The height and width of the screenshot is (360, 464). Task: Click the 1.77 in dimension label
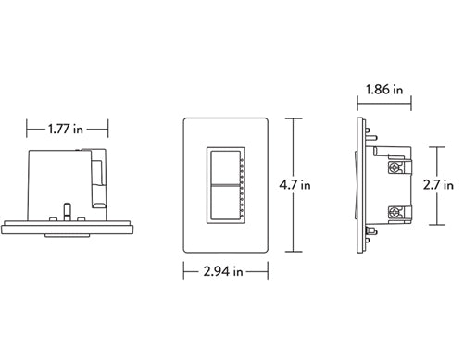click(x=66, y=129)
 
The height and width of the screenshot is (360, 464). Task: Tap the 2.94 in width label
click(x=224, y=272)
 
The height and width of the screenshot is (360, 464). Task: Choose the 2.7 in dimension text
click(x=437, y=185)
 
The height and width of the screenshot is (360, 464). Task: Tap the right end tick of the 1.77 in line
click(x=109, y=129)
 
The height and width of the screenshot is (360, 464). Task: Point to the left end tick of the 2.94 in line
click(x=183, y=272)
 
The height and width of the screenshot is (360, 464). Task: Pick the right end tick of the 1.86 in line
click(x=409, y=91)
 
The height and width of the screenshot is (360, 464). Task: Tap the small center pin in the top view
click(x=67, y=208)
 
